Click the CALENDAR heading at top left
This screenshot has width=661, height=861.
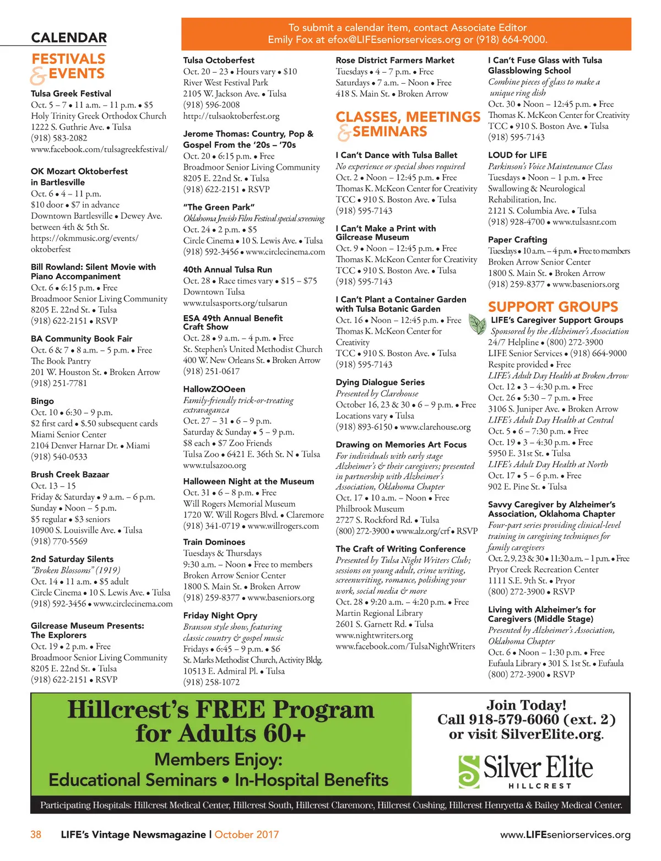tap(69, 37)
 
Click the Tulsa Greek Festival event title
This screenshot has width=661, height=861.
tap(71, 94)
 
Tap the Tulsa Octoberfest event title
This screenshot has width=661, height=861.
tap(219, 60)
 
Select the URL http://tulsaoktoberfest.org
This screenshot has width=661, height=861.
tap(231, 116)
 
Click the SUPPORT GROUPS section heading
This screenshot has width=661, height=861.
tap(553, 307)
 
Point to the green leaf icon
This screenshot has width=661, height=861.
tap(476, 324)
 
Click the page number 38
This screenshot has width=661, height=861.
tap(36, 834)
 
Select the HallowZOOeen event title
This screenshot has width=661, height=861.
tap(214, 389)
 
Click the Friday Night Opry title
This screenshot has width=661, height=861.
tap(220, 615)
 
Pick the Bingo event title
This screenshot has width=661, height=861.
tap(42, 401)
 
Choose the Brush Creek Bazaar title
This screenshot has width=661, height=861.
tap(70, 474)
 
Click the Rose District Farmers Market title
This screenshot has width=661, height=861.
tap(395, 60)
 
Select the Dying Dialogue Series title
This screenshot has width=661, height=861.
tap(380, 382)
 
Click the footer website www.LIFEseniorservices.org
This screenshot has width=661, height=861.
tap(565, 835)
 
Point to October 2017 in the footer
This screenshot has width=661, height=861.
tap(246, 834)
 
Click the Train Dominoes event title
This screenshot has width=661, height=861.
tap(214, 542)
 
